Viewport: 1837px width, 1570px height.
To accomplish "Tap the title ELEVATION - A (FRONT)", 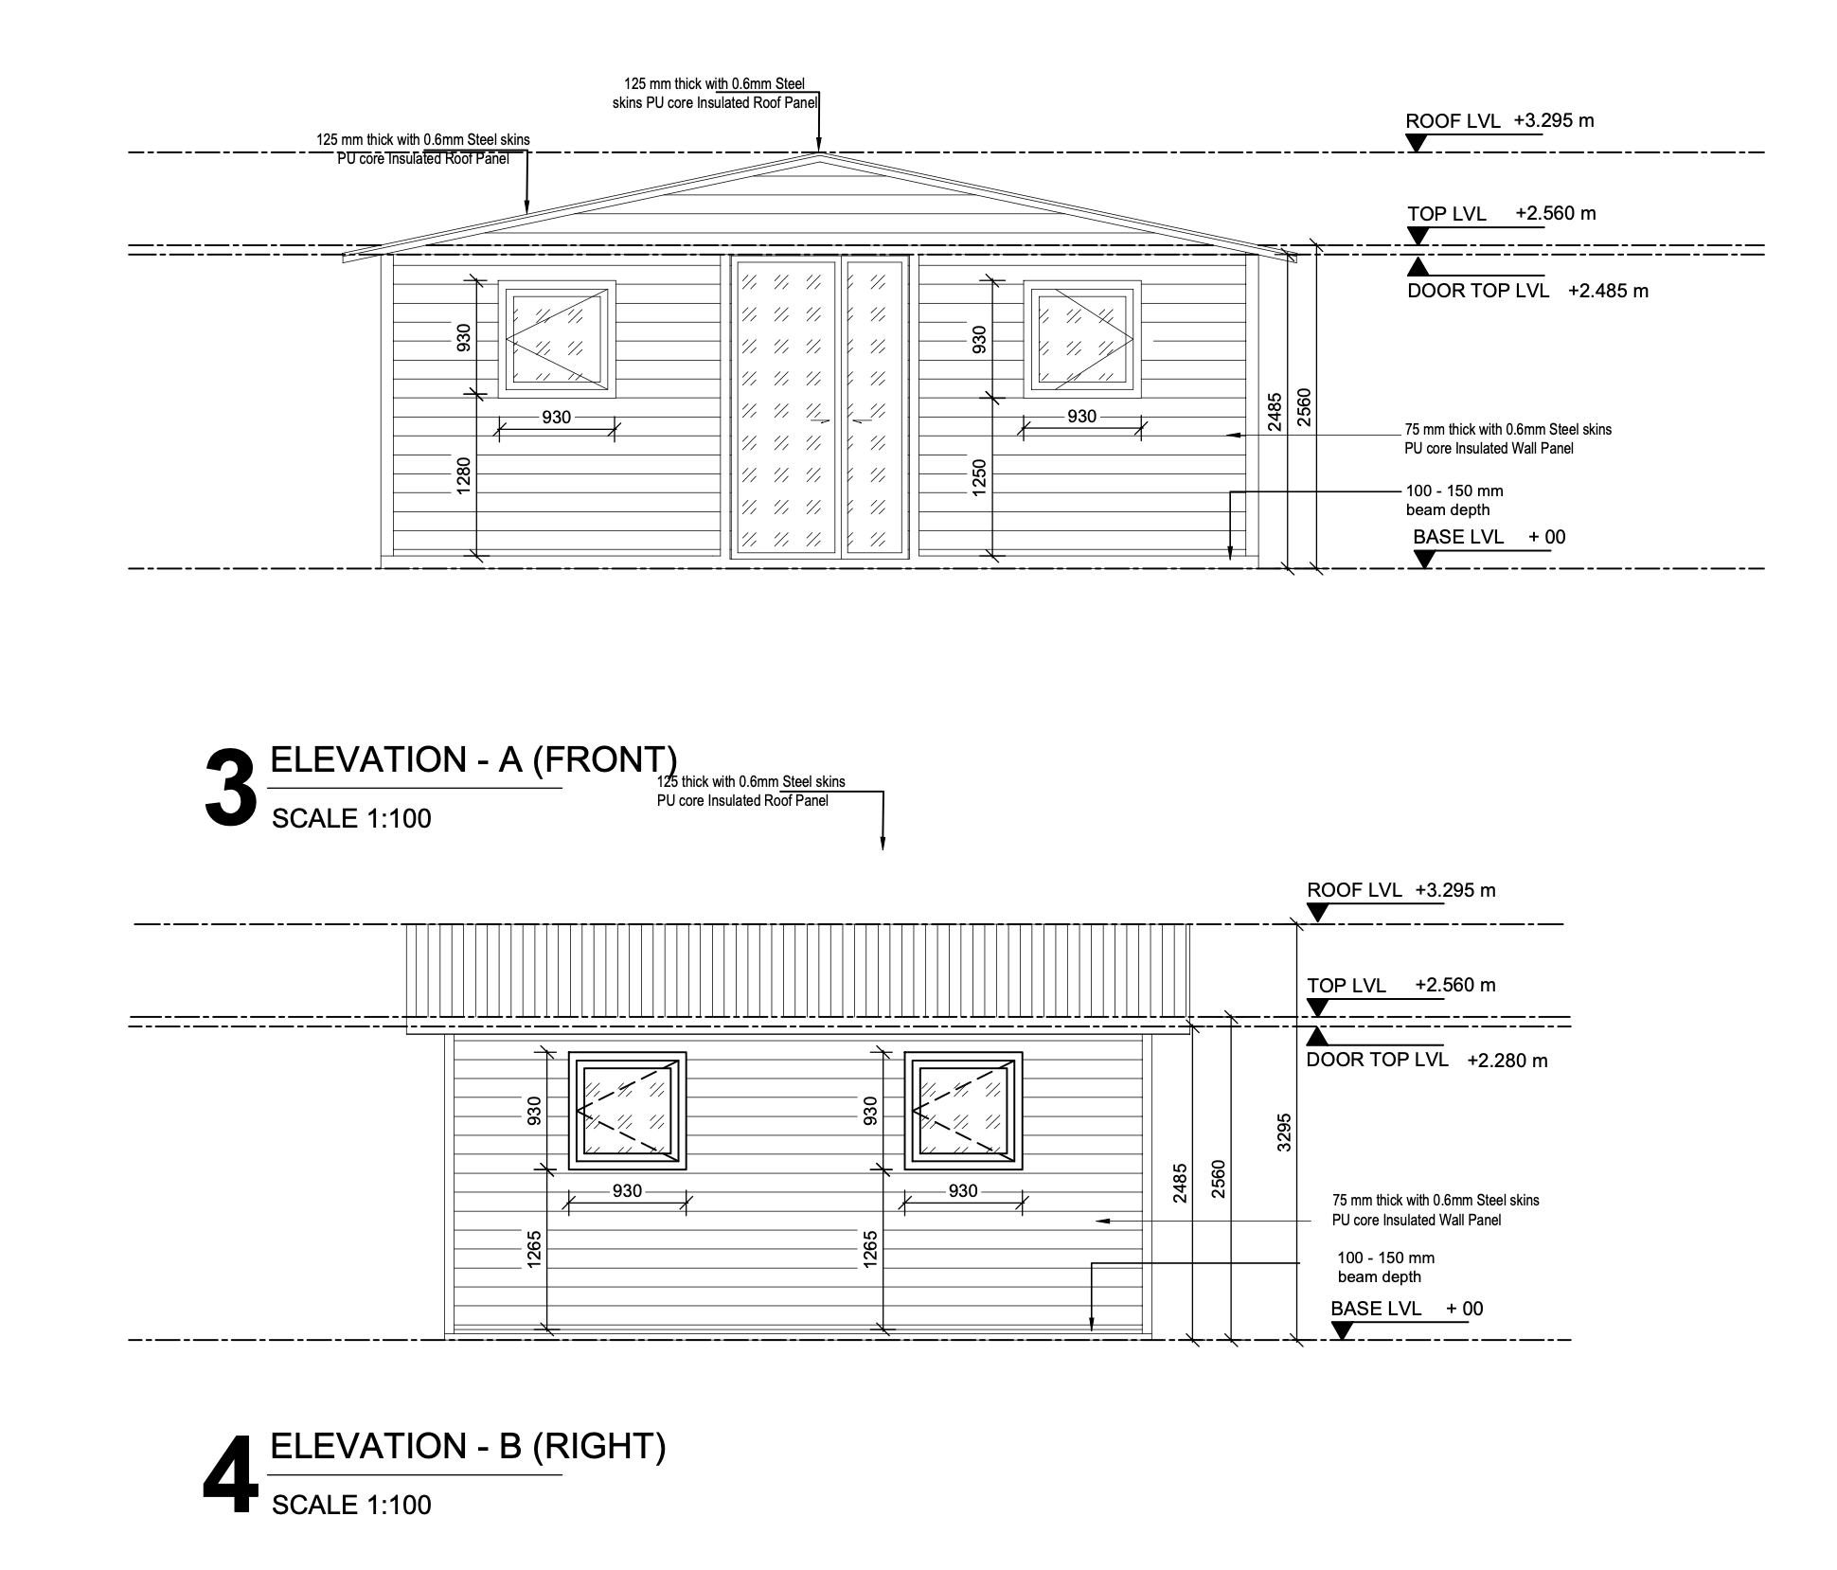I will pos(473,759).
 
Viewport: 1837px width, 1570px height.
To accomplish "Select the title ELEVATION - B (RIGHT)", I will pos(468,1446).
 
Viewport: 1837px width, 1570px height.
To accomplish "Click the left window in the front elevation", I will pos(557,339).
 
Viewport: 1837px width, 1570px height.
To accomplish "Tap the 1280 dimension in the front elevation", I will pos(463,475).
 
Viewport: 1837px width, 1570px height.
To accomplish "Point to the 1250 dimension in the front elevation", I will pos(979,475).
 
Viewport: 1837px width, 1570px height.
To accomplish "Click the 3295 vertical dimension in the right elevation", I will pos(1283,1131).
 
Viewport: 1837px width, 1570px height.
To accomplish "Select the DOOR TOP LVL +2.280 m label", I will pos(1426,1060).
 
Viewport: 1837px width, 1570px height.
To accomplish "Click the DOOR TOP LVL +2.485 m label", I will pos(1526,291).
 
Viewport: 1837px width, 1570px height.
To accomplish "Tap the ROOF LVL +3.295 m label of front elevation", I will pos(1499,121).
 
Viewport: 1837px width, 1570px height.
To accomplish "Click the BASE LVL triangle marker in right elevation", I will pos(1341,1330).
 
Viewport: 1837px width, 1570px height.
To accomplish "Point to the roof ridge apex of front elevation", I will pos(819,153).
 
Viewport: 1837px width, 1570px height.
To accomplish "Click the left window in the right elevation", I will pos(627,1111).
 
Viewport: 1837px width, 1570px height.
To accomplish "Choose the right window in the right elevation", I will pos(963,1111).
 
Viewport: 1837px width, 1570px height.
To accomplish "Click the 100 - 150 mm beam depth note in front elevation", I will pos(1454,500).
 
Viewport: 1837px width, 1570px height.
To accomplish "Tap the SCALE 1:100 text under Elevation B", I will pos(351,1505).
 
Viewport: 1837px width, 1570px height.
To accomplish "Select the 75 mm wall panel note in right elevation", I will pos(1435,1210).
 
